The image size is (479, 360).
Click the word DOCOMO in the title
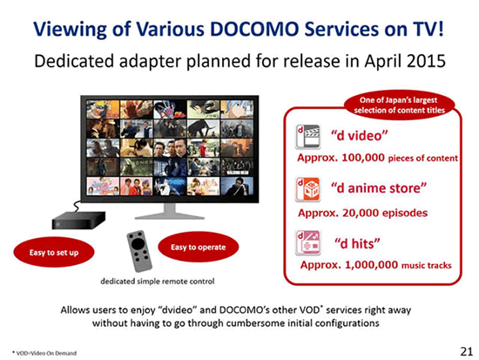254,30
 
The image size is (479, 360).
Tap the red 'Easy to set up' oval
54,252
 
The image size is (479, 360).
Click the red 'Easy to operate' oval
199,247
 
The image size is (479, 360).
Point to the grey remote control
139,251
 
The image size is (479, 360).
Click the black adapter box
78,220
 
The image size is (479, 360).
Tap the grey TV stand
170,212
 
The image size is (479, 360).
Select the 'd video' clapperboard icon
307,137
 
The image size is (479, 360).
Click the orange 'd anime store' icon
307,190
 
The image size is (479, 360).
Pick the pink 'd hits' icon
308,242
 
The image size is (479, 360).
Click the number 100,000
363,158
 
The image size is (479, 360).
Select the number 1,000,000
371,265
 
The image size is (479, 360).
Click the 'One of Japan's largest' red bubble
399,105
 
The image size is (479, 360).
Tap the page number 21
467,351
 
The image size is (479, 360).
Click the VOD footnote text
44,353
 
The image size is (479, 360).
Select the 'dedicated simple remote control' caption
158,281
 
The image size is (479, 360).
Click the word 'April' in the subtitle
383,62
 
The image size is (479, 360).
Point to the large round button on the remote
138,244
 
